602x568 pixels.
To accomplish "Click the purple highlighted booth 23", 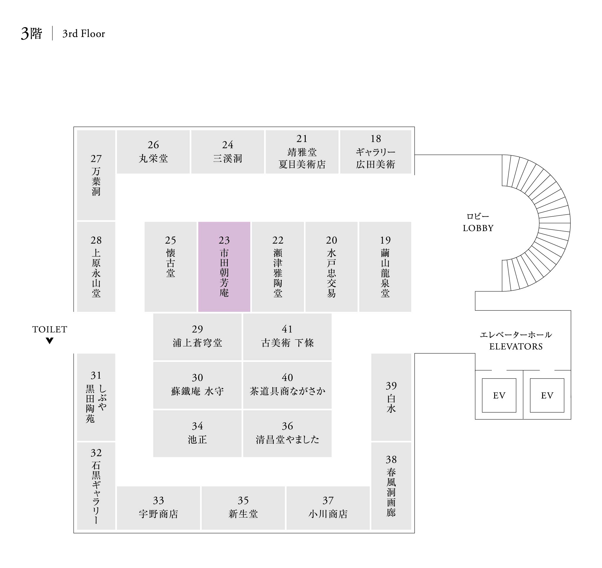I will click(x=224, y=267).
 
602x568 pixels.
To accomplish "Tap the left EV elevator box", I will click(x=499, y=396).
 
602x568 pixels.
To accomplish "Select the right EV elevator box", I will click(x=547, y=396).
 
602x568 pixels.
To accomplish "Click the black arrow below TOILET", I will click(x=50, y=341).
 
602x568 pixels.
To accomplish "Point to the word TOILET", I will click(x=50, y=329).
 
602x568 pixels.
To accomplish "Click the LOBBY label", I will click(x=478, y=228).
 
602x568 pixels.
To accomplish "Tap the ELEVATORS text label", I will click(x=516, y=346).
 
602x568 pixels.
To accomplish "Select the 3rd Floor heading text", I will click(x=84, y=34).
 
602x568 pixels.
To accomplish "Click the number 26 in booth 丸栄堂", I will click(x=153, y=145).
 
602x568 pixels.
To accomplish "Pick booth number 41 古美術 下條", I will click(x=287, y=337).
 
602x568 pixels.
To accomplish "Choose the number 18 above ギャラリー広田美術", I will click(x=376, y=139).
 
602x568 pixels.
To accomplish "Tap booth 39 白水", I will click(x=391, y=397).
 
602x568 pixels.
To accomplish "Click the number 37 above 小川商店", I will click(x=328, y=500).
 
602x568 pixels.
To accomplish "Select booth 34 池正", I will click(x=197, y=433).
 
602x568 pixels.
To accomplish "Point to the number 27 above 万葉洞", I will click(x=96, y=159).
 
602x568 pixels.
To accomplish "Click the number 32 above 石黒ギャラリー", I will click(x=96, y=453).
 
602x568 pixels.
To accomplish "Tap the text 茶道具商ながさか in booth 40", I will click(x=287, y=391).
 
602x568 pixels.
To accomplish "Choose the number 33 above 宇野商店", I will click(x=158, y=500).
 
